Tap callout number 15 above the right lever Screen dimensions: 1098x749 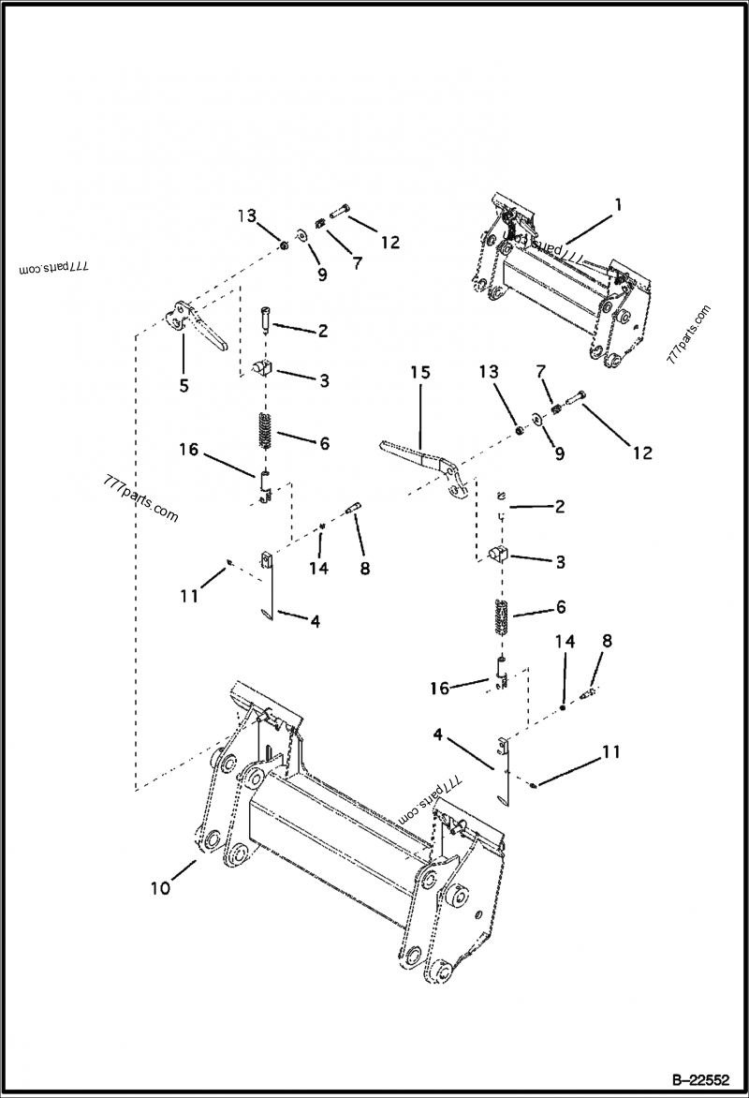419,373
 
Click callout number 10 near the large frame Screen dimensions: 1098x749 160,887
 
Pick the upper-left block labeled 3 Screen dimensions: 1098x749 262,366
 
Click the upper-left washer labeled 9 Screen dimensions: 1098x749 304,234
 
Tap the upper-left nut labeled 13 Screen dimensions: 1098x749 283,245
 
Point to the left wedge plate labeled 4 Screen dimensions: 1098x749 266,586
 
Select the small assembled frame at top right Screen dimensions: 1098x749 557,281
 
